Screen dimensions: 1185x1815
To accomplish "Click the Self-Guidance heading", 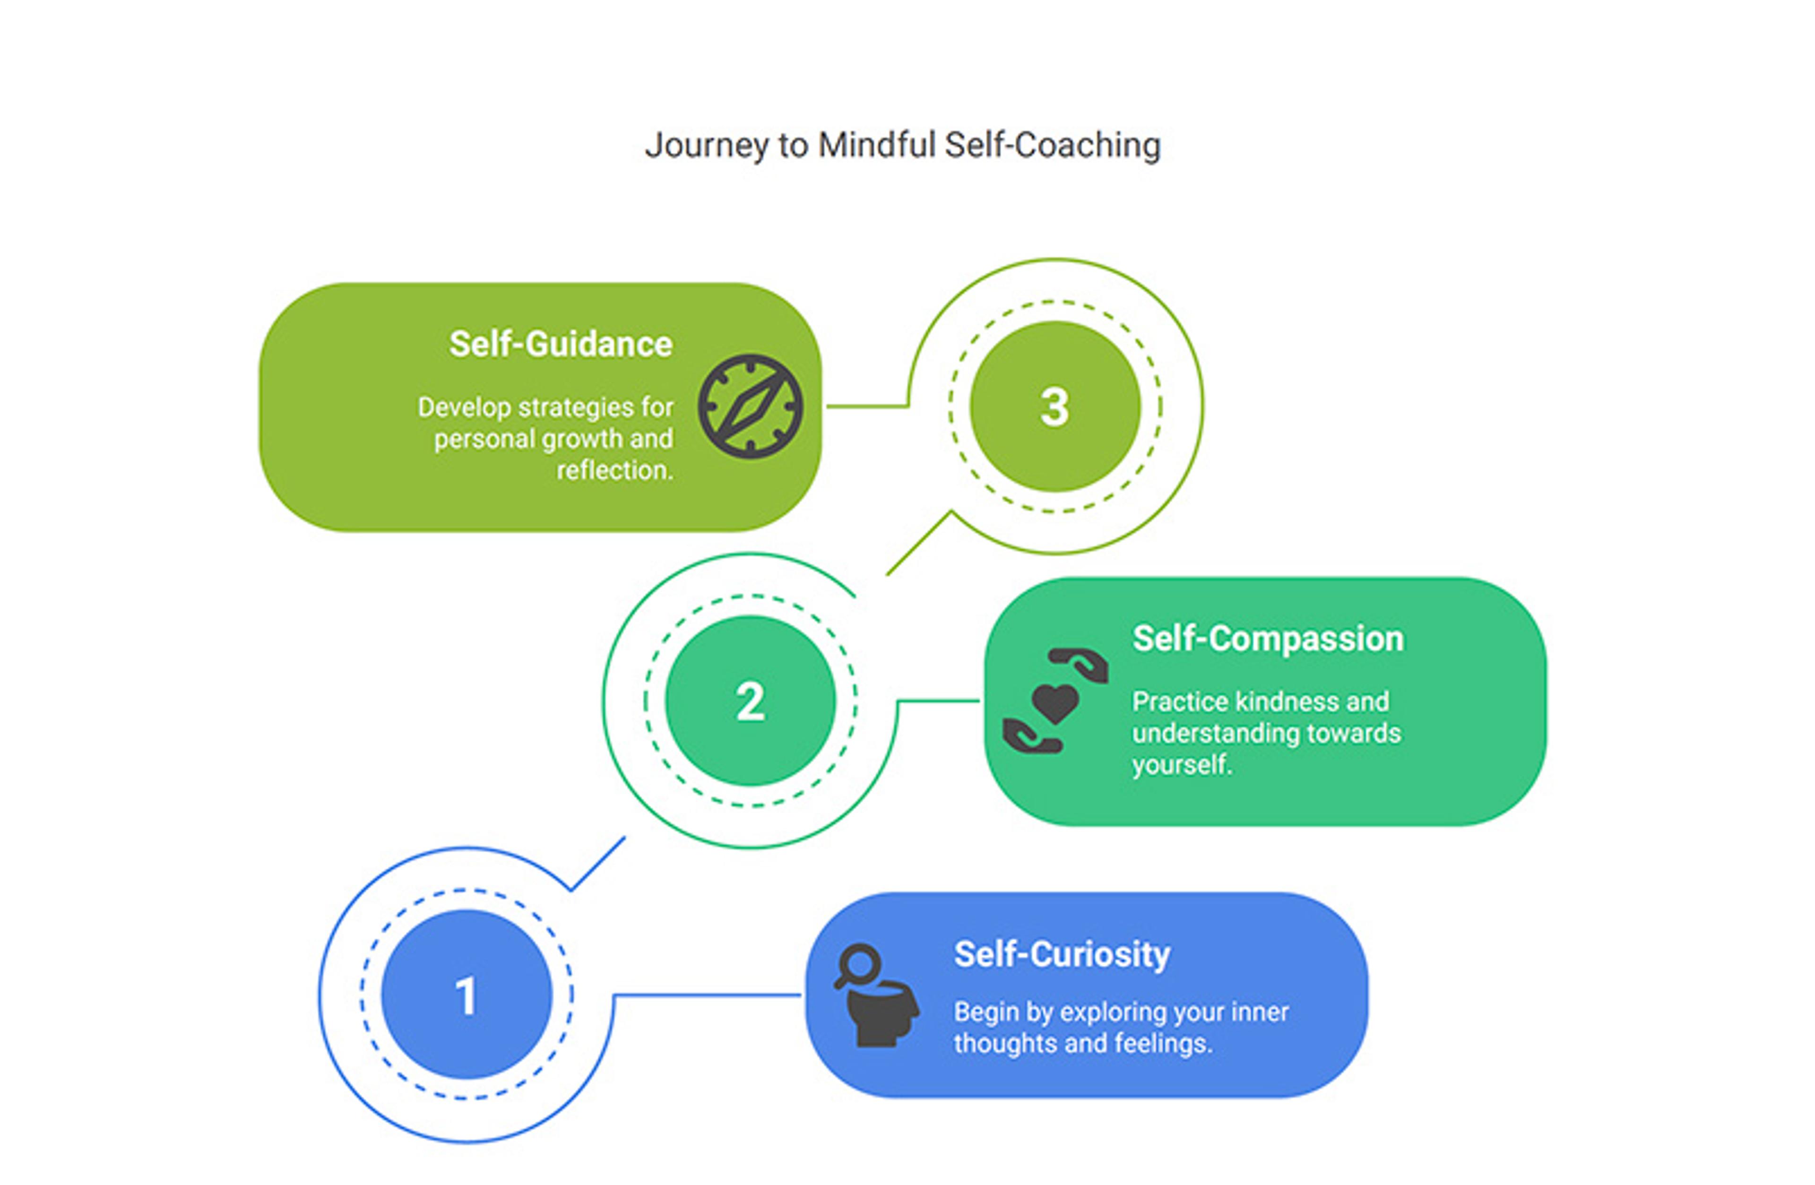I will [x=561, y=344].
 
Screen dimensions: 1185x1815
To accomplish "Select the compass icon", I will [x=751, y=407].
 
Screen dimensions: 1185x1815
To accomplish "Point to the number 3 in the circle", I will [x=1054, y=407].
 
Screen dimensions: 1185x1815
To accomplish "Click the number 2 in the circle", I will [x=751, y=701].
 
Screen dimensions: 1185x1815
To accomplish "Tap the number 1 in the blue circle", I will [x=466, y=995].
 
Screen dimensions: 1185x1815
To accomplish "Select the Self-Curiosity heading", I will [x=1062, y=954].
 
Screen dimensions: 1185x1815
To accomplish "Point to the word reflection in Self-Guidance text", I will [x=614, y=470].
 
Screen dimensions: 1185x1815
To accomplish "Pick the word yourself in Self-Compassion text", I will [x=1181, y=764].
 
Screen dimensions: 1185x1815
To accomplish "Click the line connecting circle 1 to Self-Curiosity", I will [x=705, y=995].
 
